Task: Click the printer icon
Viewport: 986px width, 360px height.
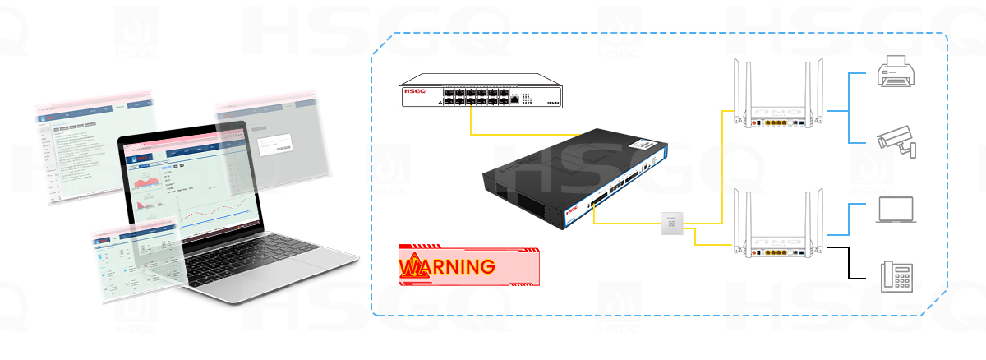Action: pyautogui.click(x=893, y=72)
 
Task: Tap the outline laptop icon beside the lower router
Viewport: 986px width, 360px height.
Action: pyautogui.click(x=895, y=210)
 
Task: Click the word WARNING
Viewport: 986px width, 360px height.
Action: pyautogui.click(x=448, y=266)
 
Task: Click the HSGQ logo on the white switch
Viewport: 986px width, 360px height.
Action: pyautogui.click(x=415, y=94)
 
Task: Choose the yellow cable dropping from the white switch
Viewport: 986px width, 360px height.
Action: pyautogui.click(x=471, y=122)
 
